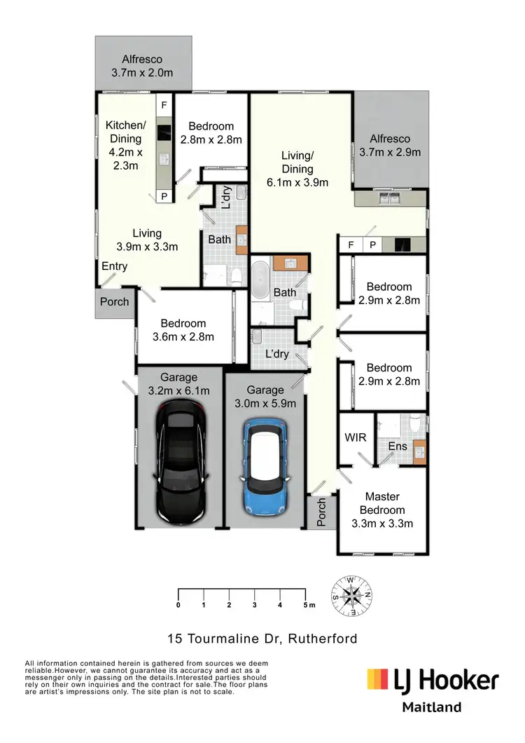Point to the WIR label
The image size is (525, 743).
[354, 437]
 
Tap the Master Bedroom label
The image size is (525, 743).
[382, 510]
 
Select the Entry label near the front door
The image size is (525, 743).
[115, 266]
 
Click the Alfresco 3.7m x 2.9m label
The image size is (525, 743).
[390, 145]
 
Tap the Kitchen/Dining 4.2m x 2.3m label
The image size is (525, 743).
[123, 145]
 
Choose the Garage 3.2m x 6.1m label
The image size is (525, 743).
[178, 383]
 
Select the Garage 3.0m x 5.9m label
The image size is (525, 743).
[265, 396]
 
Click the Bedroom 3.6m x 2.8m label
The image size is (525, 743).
[183, 329]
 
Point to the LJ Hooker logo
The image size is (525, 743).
[433, 680]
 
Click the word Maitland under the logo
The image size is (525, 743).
[433, 707]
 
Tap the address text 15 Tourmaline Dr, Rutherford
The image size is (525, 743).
[262, 639]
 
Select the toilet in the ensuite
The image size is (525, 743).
[416, 424]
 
